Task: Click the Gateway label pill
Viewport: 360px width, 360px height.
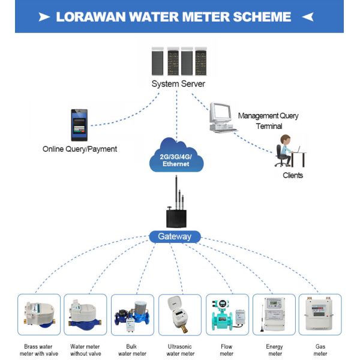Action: pos(174,236)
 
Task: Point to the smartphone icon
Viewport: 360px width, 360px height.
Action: pos(79,125)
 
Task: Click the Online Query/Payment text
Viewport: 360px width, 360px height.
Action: pos(80,149)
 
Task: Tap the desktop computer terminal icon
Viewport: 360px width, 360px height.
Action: pos(221,118)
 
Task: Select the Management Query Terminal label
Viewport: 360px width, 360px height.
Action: pos(268,120)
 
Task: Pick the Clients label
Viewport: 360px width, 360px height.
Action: pos(293,175)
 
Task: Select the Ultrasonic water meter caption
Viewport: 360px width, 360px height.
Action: pos(179,350)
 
